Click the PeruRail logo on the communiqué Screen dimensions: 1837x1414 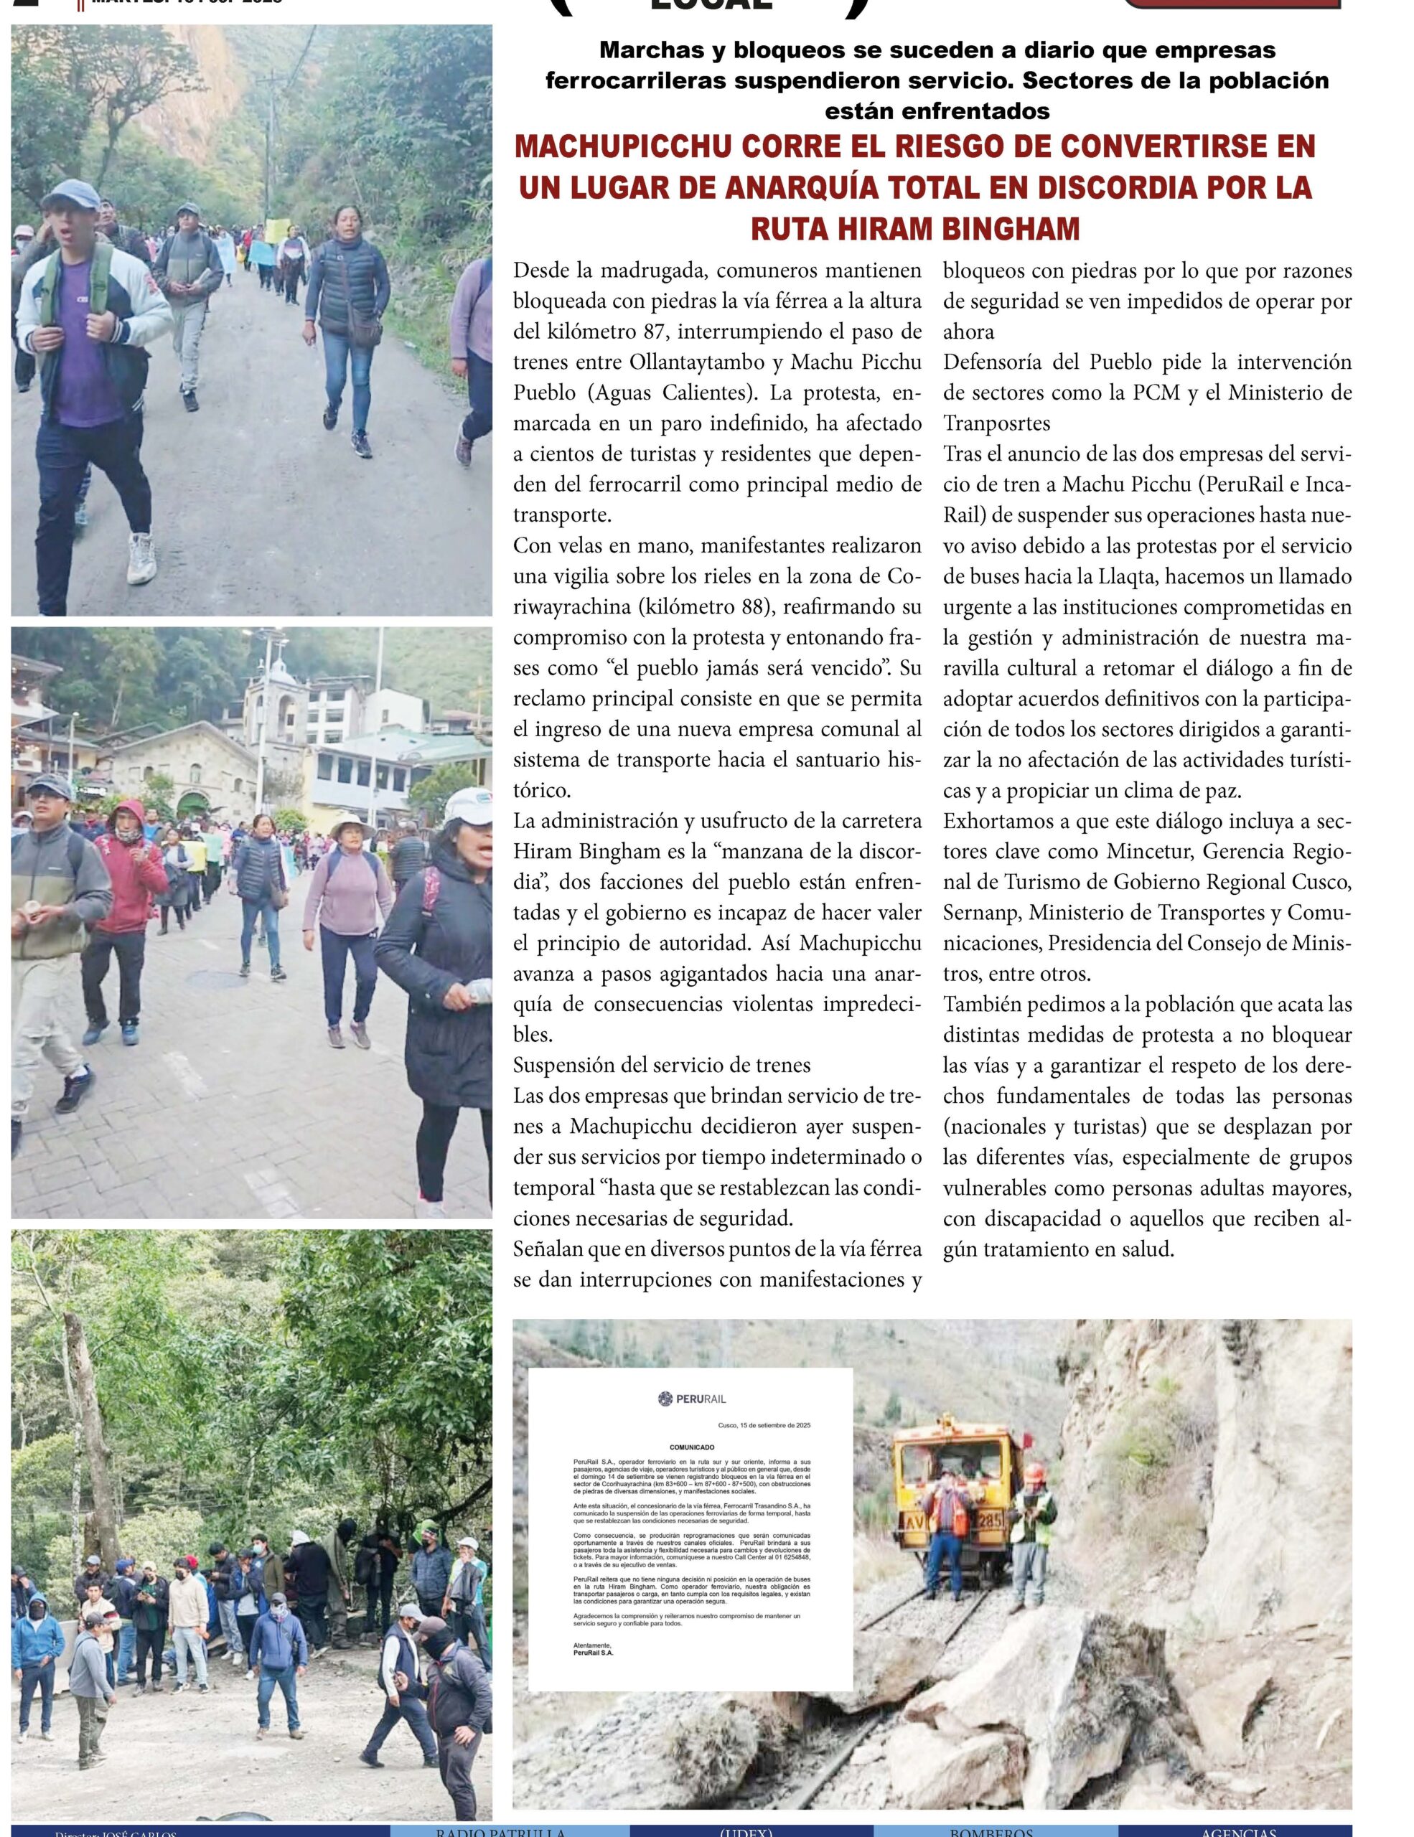691,1399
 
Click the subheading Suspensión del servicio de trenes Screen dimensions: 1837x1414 662,1065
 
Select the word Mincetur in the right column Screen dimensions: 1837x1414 1150,851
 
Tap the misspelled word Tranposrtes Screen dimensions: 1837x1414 996,423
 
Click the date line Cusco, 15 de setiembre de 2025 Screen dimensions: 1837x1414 764,1425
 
